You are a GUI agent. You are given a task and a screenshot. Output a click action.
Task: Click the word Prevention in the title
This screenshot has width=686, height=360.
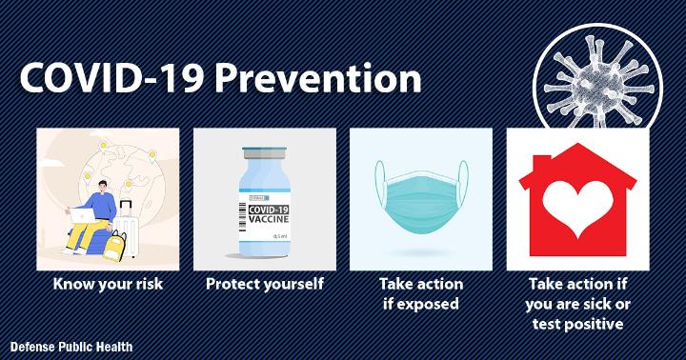[x=318, y=79]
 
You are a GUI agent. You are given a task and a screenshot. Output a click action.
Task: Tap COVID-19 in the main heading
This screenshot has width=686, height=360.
[x=112, y=79]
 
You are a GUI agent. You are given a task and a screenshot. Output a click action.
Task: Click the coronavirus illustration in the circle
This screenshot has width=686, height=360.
[x=597, y=82]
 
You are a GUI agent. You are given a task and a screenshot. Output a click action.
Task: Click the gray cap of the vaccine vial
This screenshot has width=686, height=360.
[x=265, y=152]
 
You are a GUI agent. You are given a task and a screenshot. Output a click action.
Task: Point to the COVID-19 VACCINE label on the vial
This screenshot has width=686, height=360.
[x=269, y=214]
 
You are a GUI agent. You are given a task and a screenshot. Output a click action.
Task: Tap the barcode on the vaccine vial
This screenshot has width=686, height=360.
[x=242, y=216]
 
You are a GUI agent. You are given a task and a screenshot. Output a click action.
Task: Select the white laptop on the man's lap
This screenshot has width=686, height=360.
[x=81, y=214]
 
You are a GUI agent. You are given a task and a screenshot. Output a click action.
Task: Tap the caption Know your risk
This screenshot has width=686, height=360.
[x=108, y=285]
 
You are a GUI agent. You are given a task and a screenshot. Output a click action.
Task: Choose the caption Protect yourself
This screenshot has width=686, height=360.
[x=265, y=285]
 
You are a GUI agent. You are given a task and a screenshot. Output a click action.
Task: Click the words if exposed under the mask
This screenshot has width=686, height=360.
[x=421, y=304]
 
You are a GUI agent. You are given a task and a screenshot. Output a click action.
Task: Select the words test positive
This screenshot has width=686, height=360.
[x=578, y=324]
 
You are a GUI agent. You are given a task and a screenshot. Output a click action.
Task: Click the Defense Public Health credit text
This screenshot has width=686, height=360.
[x=71, y=348]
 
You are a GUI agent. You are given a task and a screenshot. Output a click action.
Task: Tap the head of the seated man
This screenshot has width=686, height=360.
[x=102, y=187]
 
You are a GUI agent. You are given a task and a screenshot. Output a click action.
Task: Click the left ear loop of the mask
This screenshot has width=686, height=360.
[x=379, y=184]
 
